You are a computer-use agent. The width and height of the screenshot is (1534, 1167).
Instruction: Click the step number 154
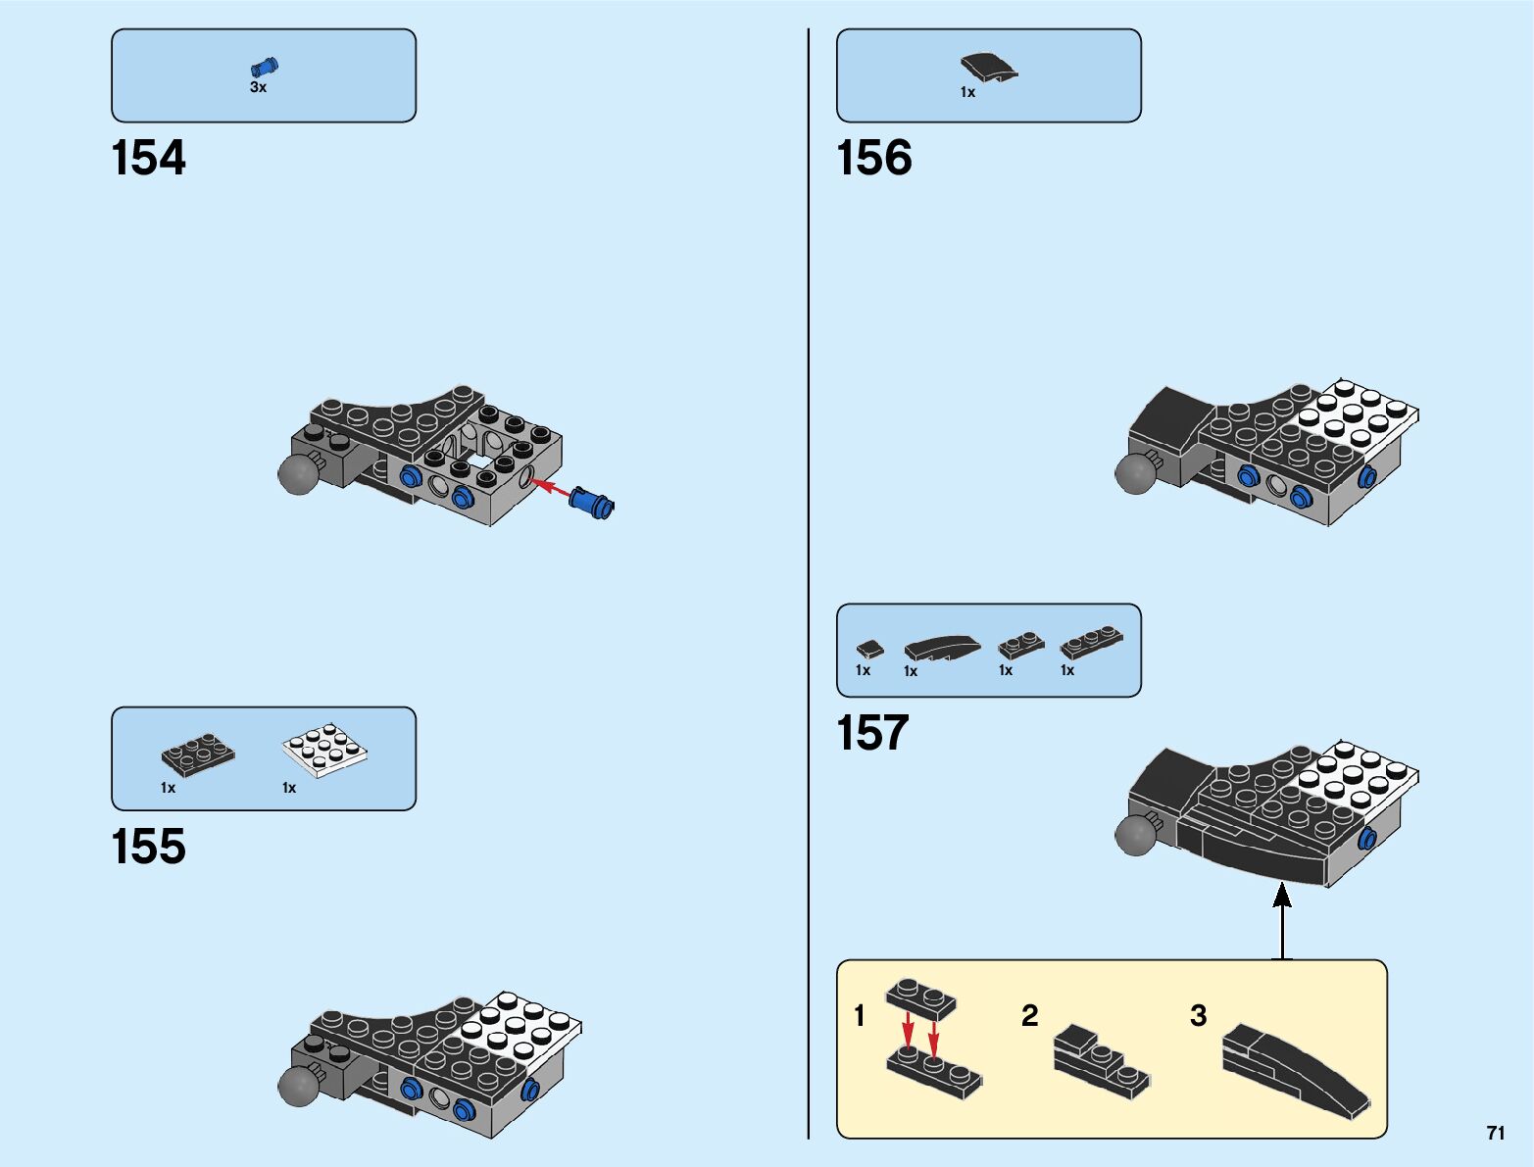[148, 159]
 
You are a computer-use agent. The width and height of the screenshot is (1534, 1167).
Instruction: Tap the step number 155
[148, 848]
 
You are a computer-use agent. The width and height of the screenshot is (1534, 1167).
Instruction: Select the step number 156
[873, 159]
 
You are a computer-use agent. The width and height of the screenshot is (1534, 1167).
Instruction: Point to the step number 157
[872, 734]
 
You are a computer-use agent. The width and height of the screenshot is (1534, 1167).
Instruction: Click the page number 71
[1495, 1133]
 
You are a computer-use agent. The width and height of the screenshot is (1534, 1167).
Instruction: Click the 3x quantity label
[258, 87]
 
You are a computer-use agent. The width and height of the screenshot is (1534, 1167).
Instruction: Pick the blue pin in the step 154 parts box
[264, 67]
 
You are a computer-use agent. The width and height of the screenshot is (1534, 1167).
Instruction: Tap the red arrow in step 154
[550, 487]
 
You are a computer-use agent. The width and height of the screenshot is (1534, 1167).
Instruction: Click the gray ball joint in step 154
[298, 474]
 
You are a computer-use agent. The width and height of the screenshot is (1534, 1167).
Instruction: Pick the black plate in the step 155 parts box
[198, 754]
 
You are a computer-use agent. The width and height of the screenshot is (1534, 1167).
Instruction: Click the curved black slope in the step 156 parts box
[988, 68]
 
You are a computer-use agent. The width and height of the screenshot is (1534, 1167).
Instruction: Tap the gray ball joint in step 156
[1135, 473]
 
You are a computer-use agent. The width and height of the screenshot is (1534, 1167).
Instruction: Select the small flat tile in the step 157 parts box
[868, 649]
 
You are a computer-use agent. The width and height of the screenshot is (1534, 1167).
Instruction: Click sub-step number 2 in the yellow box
[1029, 1015]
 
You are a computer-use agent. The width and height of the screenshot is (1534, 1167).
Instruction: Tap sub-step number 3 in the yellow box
[1198, 1015]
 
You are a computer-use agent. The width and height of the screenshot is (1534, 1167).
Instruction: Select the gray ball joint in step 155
[298, 1086]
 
